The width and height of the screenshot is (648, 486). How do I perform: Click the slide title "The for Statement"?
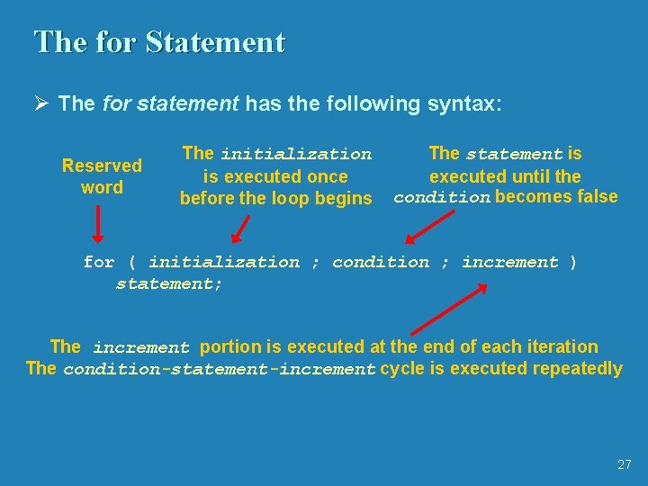[x=159, y=42]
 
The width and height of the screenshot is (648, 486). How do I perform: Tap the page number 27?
[x=625, y=464]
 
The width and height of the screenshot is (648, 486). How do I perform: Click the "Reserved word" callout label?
[x=102, y=176]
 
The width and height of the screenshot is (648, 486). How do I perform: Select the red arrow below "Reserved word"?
[x=98, y=225]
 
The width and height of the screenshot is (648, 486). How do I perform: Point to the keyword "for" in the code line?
[x=98, y=263]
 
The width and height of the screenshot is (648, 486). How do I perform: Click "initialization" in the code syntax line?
[x=224, y=263]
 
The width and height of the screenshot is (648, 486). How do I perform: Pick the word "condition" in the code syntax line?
[x=381, y=263]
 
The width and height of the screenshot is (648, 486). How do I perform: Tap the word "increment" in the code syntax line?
[x=510, y=263]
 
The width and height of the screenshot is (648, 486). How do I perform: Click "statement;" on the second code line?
[x=169, y=284]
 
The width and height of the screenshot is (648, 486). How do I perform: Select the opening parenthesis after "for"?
[x=131, y=263]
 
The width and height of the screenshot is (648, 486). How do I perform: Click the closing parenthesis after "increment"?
[x=573, y=263]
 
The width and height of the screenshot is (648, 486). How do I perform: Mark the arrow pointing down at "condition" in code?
[x=428, y=228]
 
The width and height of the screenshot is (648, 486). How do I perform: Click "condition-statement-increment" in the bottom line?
[x=219, y=369]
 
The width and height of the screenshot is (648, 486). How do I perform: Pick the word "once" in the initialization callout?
[x=328, y=176]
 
